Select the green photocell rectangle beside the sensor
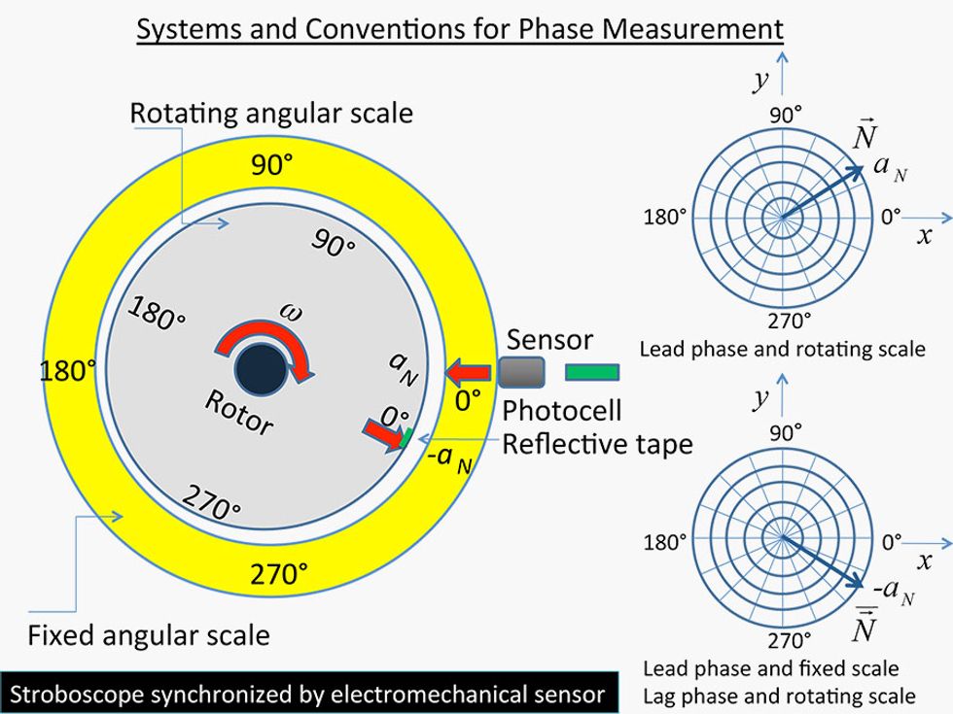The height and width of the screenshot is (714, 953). (591, 371)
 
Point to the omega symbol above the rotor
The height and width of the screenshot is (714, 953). (291, 311)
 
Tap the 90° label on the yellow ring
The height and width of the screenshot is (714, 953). (272, 165)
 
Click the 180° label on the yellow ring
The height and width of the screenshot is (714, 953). (68, 370)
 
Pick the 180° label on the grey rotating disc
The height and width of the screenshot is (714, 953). (157, 312)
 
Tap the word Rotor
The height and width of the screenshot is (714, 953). (238, 412)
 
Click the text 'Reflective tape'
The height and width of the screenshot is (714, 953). (597, 444)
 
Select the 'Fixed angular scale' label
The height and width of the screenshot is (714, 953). (148, 636)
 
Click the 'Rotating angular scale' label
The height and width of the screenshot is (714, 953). (271, 113)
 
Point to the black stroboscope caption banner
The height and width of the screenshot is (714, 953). (308, 694)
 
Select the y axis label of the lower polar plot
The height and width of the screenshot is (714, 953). (760, 397)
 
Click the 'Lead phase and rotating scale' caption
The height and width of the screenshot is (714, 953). (782, 348)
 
